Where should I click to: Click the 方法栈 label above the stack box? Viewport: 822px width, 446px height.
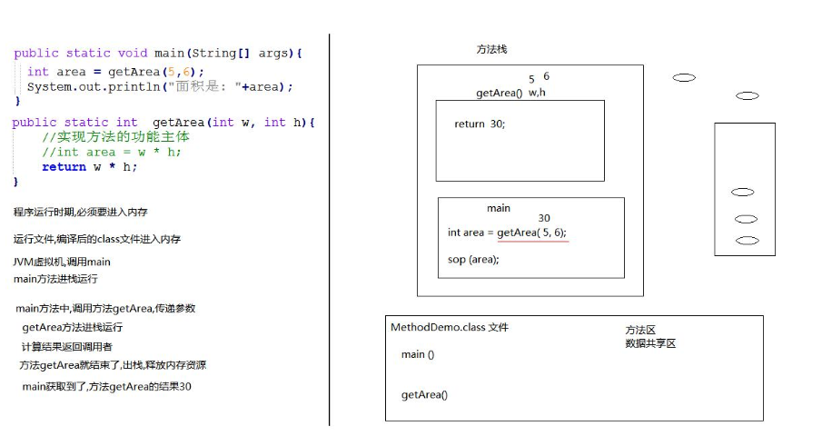491,49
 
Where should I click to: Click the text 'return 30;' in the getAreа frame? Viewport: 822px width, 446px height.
480,124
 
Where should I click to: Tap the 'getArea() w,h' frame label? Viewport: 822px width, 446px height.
510,94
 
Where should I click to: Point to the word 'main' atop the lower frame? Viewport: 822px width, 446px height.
499,209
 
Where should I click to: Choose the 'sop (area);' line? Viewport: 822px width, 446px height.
473,260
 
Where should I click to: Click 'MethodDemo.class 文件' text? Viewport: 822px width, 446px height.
449,328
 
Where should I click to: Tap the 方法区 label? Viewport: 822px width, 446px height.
640,331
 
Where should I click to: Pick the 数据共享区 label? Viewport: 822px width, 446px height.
650,343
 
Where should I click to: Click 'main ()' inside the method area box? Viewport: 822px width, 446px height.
418,355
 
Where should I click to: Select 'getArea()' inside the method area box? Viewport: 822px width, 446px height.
424,395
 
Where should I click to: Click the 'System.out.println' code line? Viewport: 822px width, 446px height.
160,87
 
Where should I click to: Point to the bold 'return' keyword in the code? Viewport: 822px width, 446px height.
64,167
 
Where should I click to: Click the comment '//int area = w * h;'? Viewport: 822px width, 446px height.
112,153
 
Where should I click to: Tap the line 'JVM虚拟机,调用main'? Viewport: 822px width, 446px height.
62,263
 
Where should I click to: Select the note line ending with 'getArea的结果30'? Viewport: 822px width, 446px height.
107,387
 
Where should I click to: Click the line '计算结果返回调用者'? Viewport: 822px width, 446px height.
67,347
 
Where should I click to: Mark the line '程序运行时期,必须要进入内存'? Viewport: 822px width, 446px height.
81,212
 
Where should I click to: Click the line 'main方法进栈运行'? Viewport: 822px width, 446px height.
55,279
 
